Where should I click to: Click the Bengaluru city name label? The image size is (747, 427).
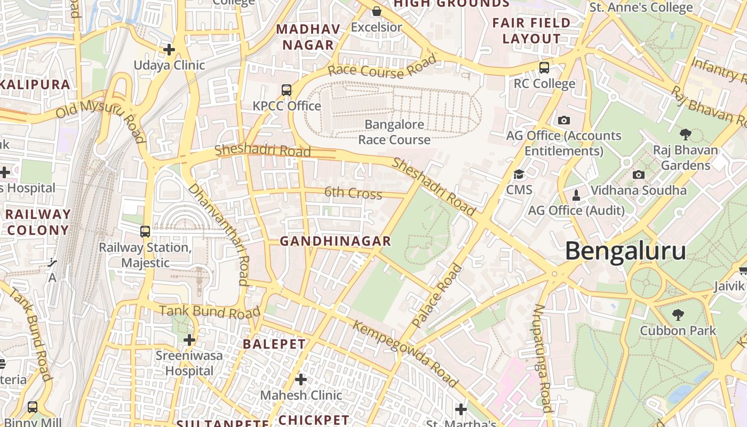tap(625, 251)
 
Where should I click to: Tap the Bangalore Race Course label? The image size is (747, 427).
tap(394, 132)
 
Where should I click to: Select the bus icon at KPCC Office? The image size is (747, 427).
tap(287, 90)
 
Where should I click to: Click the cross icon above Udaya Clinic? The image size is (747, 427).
tap(169, 50)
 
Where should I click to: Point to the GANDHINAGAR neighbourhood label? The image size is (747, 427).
tap(336, 241)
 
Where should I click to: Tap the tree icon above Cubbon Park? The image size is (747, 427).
tap(678, 314)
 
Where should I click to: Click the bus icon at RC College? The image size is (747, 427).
tap(544, 67)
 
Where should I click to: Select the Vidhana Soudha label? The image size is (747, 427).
tap(639, 191)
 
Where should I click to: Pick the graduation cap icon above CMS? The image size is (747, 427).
tap(519, 174)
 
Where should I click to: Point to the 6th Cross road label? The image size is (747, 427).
tap(353, 193)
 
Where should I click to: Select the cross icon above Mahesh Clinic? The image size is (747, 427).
tap(301, 379)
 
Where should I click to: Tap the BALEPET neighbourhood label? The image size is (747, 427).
tap(274, 344)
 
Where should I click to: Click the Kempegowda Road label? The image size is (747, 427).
tap(405, 354)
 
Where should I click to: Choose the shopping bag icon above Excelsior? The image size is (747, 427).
tap(377, 11)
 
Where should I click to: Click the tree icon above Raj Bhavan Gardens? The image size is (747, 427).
tap(686, 135)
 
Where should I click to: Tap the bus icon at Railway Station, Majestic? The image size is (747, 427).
tap(145, 232)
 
